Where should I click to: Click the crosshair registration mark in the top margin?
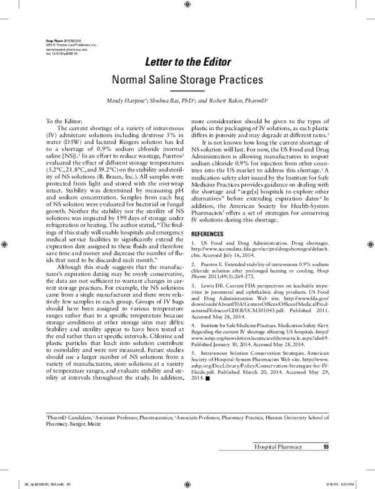[x=187, y=5]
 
